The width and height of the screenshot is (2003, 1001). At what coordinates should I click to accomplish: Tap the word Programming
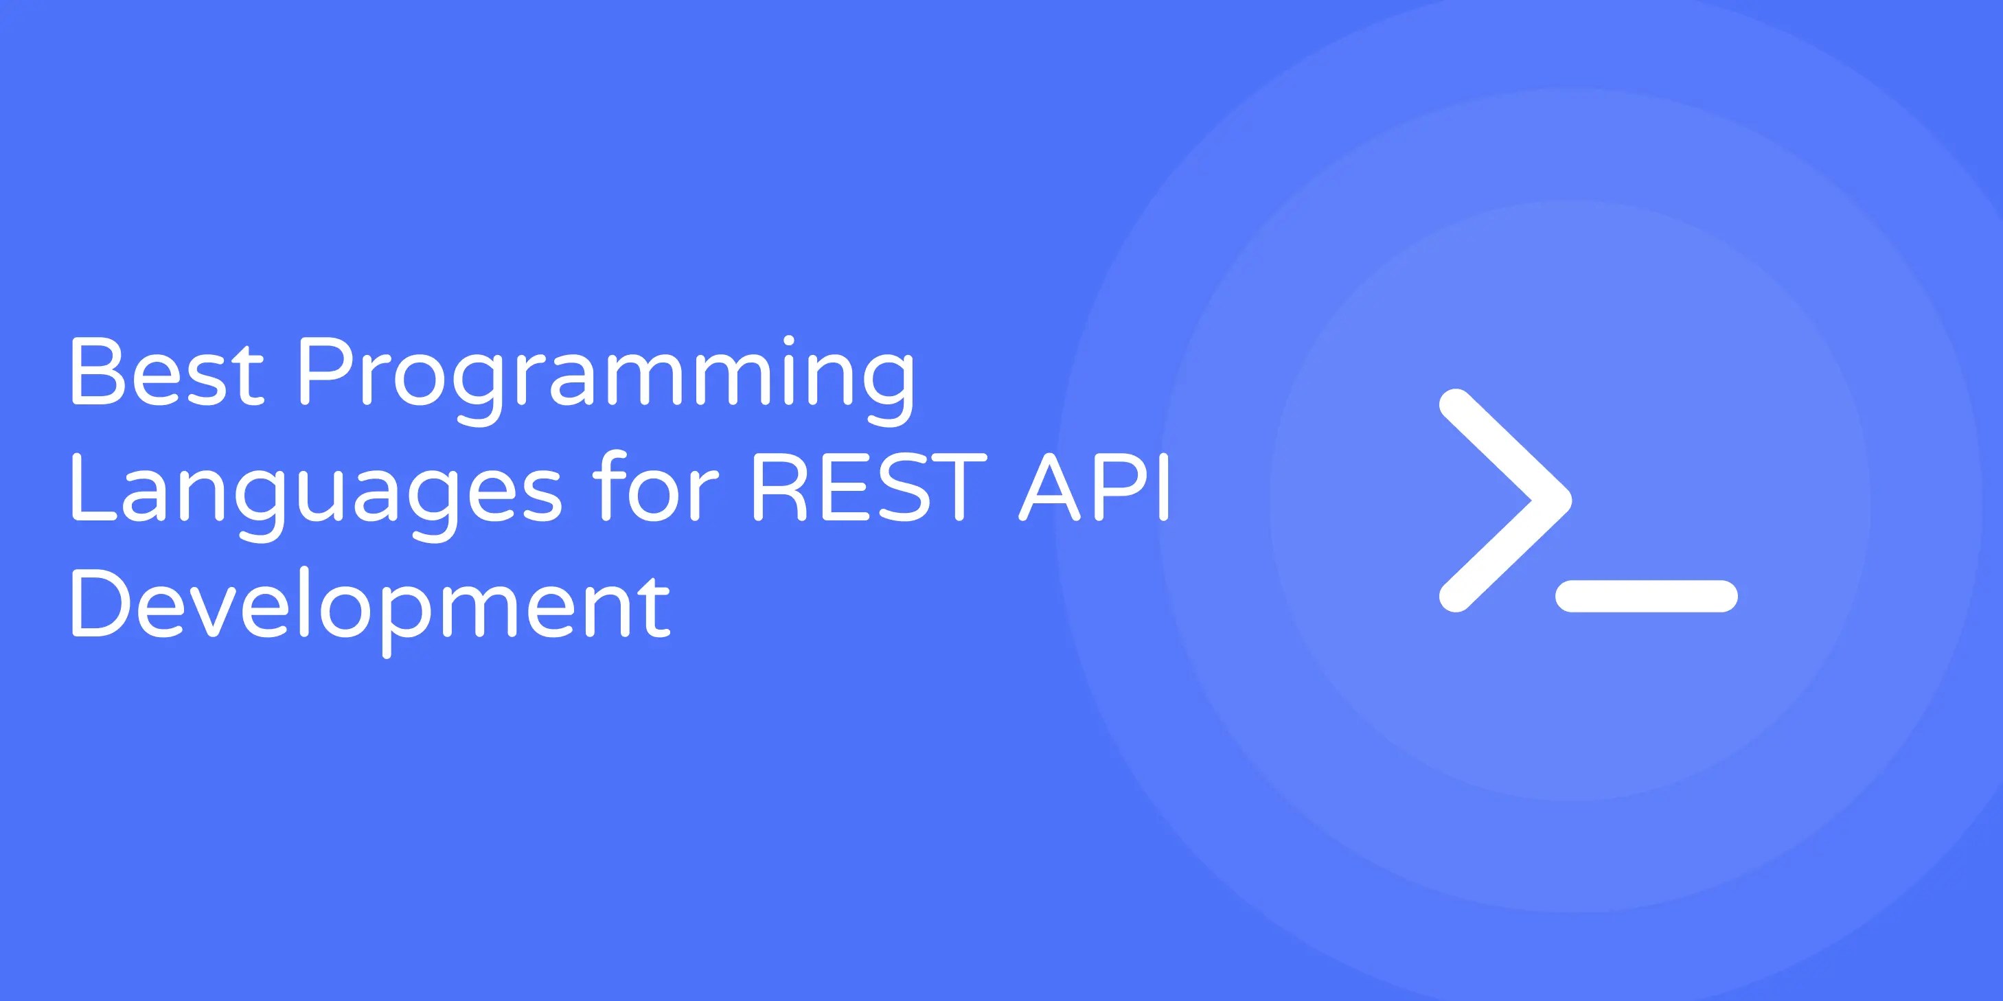pos(605,377)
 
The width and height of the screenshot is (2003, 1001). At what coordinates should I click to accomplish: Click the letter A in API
pos(1051,487)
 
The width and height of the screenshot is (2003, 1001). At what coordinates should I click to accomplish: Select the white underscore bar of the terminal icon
pos(1647,596)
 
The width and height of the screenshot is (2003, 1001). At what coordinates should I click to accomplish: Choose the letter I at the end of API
pos(1163,487)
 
